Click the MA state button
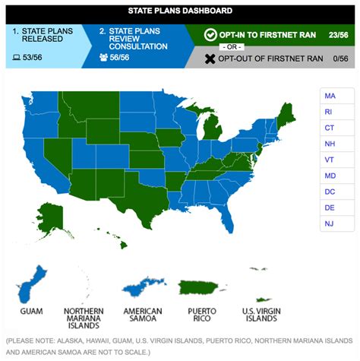point(330,97)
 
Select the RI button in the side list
point(330,112)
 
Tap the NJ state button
point(330,223)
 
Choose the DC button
point(330,192)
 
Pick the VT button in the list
point(330,160)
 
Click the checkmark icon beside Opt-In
point(211,35)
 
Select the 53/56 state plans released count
point(30,57)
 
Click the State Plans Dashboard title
point(180,11)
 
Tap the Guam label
point(32,311)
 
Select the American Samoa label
point(143,315)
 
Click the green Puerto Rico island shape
point(201,287)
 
